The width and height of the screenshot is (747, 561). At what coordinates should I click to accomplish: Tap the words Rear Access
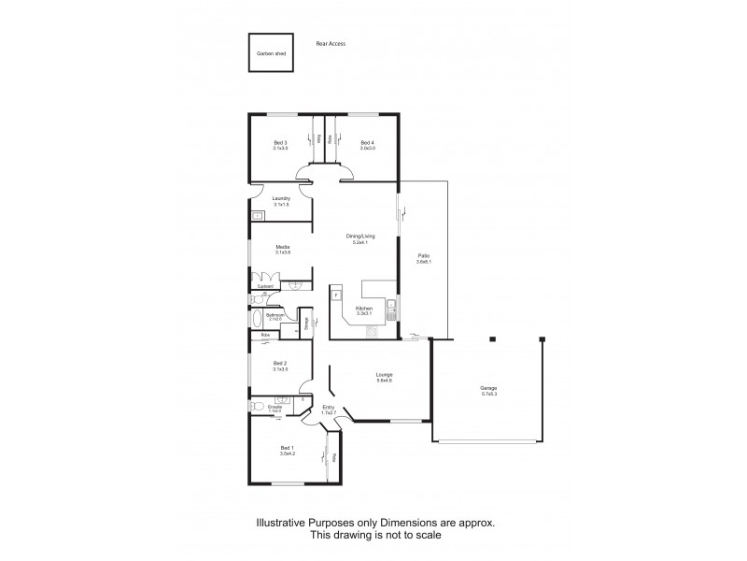[x=331, y=43]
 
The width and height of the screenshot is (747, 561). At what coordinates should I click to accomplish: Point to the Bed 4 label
[x=367, y=143]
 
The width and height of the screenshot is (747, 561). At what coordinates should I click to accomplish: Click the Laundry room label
[x=280, y=199]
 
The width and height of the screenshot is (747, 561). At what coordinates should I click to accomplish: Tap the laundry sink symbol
[x=257, y=216]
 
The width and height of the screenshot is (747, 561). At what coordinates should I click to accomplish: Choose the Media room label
[x=283, y=249]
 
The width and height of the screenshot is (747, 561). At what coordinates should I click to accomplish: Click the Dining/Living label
[x=360, y=238]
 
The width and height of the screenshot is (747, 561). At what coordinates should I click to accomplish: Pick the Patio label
[x=423, y=257]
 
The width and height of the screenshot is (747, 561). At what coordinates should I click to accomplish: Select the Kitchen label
[x=364, y=309]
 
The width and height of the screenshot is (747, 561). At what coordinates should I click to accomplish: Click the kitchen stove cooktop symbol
[x=372, y=331]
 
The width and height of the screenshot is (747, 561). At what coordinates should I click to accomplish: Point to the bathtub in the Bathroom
[x=258, y=318]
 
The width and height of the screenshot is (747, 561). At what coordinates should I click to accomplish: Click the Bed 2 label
[x=280, y=365]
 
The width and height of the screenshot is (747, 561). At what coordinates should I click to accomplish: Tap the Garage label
[x=488, y=389]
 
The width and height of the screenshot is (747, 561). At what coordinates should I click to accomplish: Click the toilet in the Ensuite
[x=256, y=408]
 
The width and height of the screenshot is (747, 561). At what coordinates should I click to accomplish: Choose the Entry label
[x=328, y=409]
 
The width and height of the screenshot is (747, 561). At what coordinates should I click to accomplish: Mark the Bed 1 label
[x=287, y=450]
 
